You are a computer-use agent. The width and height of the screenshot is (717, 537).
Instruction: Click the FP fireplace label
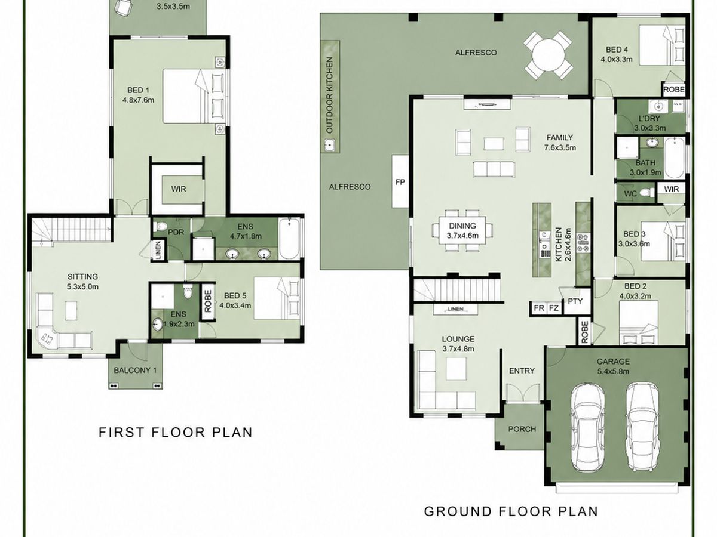click(x=400, y=182)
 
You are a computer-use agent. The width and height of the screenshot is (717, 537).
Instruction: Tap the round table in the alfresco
click(x=548, y=55)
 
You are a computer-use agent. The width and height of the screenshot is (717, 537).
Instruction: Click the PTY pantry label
click(x=575, y=301)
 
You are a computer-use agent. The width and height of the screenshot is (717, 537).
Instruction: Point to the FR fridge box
click(x=539, y=308)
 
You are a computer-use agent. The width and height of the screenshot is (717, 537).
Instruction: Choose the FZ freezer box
click(x=554, y=308)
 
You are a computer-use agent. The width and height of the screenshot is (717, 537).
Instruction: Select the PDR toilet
click(x=160, y=226)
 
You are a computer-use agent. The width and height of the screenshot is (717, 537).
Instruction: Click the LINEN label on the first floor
click(x=158, y=250)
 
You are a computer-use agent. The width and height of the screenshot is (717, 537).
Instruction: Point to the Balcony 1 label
click(x=135, y=370)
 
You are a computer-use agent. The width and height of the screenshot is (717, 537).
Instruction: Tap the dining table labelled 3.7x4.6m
click(x=462, y=230)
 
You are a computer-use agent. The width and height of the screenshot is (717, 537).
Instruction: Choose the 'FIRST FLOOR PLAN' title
click(x=176, y=433)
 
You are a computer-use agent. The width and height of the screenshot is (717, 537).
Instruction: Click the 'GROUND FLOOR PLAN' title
click(x=511, y=520)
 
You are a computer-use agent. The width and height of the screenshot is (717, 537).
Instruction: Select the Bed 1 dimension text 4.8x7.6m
click(x=138, y=100)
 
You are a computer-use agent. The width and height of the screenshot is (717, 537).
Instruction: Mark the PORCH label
click(x=522, y=429)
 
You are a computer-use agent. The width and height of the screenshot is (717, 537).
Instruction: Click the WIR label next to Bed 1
click(x=179, y=189)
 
